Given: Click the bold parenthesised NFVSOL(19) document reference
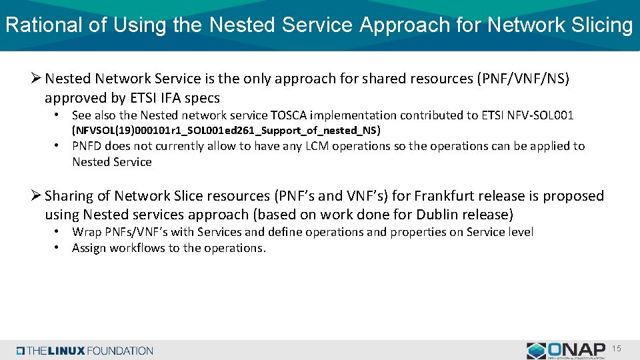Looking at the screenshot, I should (x=226, y=131).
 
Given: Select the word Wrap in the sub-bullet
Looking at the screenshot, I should (x=86, y=232).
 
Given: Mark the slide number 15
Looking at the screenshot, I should (x=617, y=348).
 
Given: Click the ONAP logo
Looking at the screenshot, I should (x=567, y=350).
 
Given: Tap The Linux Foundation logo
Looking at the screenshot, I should (x=85, y=351).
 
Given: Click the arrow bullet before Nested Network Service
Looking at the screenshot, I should (x=37, y=79).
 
